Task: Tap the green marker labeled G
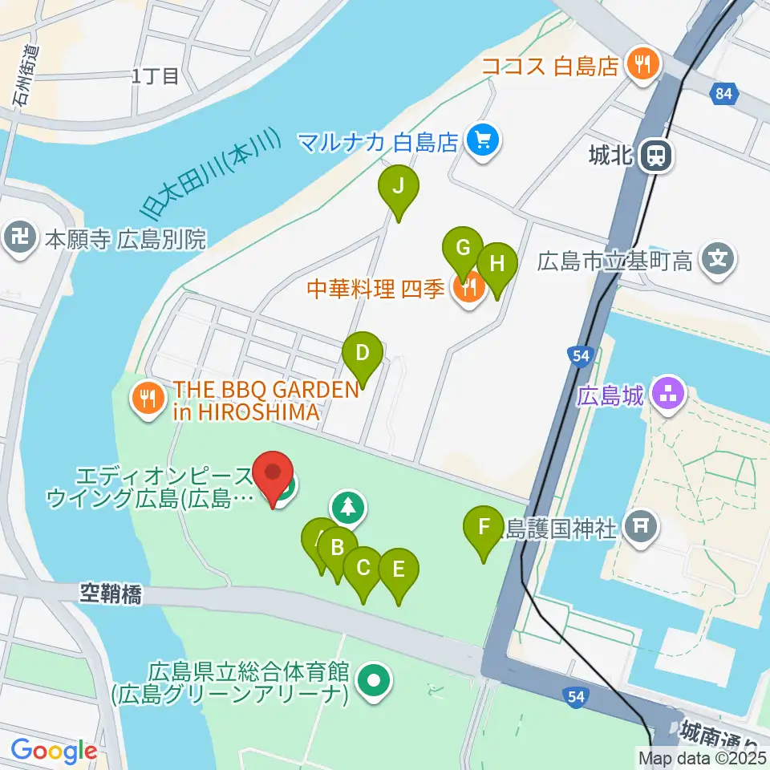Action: pos(462,248)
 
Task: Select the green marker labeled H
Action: pos(497,263)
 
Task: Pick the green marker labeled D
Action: pos(363,353)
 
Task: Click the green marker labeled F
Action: pos(484,528)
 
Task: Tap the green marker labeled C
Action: pos(363,569)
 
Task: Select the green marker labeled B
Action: pos(338,549)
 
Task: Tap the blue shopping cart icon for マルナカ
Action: pos(483,143)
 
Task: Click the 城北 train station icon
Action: pos(656,156)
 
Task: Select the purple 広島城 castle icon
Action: pos(668,393)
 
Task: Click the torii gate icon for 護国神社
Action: pos(641,527)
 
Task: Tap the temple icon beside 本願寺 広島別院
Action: pos(18,237)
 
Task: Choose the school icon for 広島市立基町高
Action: pos(717,259)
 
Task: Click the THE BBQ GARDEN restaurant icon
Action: pos(147,399)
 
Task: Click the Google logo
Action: pos(54,752)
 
